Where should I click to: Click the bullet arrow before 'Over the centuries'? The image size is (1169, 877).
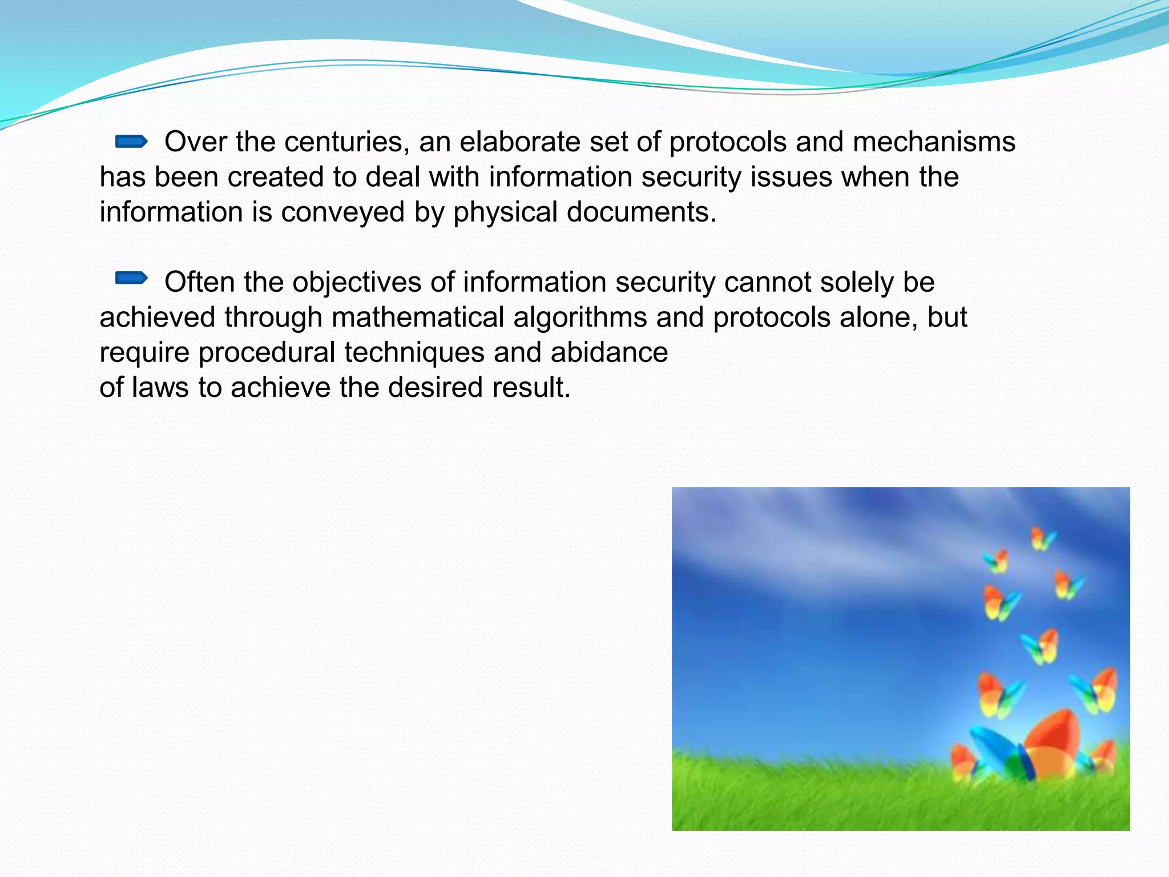click(131, 141)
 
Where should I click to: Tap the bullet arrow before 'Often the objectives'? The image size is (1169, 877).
click(131, 279)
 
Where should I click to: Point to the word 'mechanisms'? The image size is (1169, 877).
click(934, 142)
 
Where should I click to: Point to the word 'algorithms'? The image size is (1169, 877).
click(580, 317)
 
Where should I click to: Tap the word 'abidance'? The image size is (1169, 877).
click(609, 352)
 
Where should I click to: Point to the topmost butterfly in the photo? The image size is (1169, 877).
click(1042, 538)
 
